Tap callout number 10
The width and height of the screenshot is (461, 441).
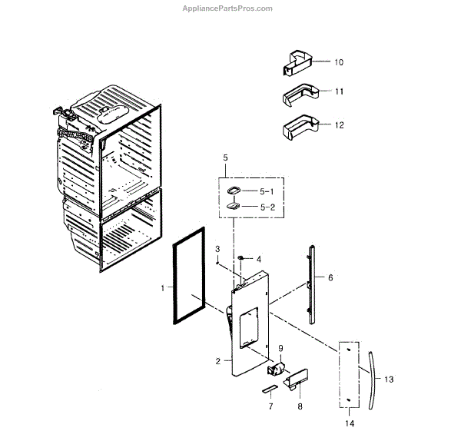[x=339, y=61]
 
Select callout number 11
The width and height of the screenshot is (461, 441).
[x=339, y=91]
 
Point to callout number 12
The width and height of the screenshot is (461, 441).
[x=339, y=124]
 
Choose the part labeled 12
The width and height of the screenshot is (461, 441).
[x=299, y=128]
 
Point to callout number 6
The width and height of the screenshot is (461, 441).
[x=331, y=277]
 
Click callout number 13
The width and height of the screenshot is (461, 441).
[x=389, y=380]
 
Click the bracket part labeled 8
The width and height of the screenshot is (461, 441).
[x=296, y=377]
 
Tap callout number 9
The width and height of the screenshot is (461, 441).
[x=280, y=348]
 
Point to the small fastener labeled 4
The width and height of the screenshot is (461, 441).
[x=241, y=257]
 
